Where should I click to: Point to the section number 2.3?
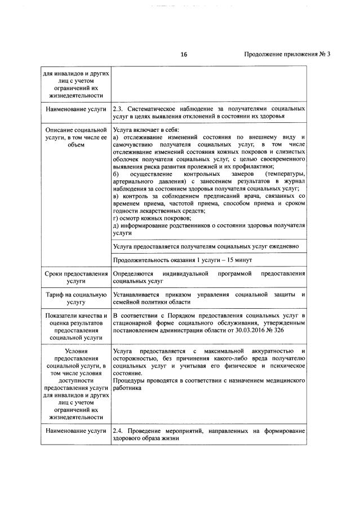point(118,108)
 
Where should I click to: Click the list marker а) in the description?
point(115,137)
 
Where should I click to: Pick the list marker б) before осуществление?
point(115,174)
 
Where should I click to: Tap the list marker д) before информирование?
point(115,225)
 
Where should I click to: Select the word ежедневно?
point(288,246)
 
